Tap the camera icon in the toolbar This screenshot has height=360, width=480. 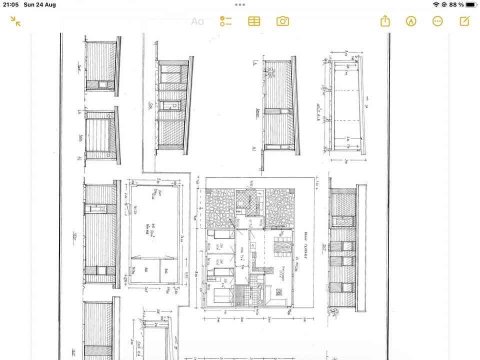tap(283, 21)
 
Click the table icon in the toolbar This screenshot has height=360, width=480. tap(254, 21)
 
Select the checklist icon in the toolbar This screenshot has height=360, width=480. tap(226, 21)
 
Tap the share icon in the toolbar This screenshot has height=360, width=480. tap(384, 21)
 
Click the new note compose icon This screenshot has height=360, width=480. tap(464, 21)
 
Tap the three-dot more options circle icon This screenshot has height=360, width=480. tap(437, 21)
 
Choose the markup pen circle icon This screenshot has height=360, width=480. tap(411, 21)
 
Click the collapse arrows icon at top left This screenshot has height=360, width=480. tap(15, 21)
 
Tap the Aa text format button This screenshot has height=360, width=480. tap(197, 21)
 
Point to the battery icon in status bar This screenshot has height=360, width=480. tap(471, 4)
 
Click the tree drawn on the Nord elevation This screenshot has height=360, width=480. tap(271, 73)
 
